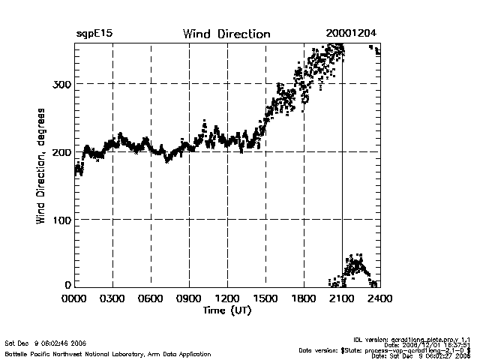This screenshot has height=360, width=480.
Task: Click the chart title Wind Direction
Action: pos(226,34)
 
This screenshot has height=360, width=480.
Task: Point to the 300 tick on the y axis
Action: pos(62,83)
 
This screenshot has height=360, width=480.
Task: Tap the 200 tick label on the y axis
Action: pos(62,151)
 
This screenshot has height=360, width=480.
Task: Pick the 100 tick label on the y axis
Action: pos(62,220)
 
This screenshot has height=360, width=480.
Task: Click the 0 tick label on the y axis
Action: pos(68,285)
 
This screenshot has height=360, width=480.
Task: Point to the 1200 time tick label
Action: pos(227,298)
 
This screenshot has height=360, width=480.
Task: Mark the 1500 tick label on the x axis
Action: pos(265,298)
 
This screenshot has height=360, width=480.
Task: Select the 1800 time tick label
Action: pos(304,298)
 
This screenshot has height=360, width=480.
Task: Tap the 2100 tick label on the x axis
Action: pos(342,298)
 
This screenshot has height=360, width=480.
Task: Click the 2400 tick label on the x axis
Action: pos(379,298)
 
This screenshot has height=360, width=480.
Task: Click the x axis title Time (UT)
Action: pos(226,310)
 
